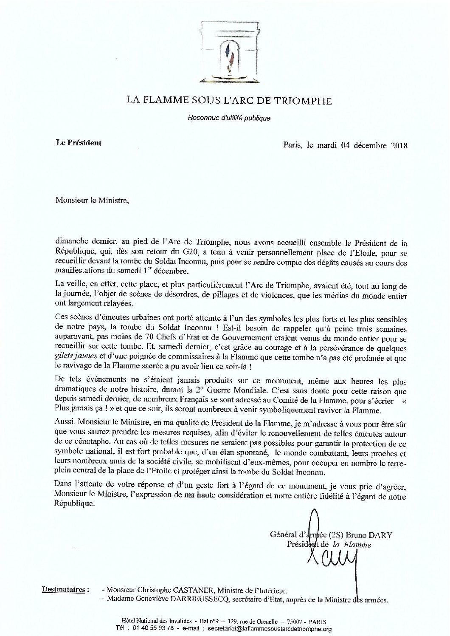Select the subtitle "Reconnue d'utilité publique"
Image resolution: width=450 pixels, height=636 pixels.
click(x=229, y=118)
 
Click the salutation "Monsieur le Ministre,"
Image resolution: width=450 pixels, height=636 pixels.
click(x=91, y=201)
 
